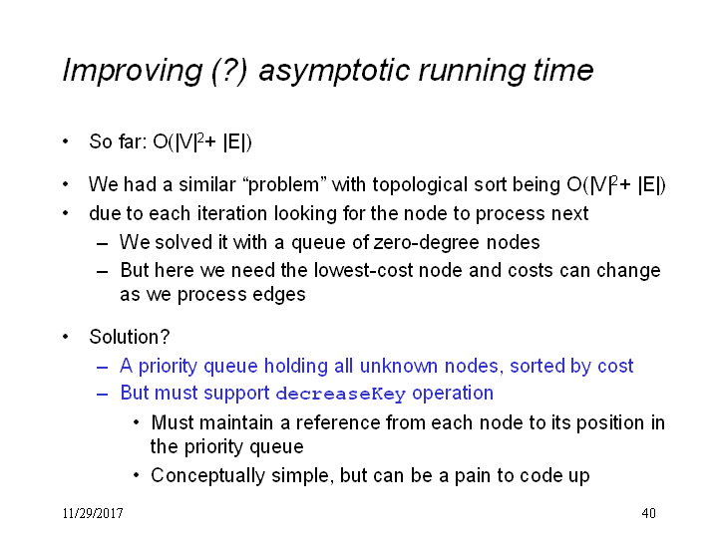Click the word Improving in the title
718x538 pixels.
(x=133, y=71)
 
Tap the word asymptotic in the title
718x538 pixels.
(x=334, y=72)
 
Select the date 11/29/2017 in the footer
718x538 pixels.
(x=93, y=513)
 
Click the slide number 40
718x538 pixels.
(x=648, y=513)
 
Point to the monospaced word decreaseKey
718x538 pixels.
(x=341, y=394)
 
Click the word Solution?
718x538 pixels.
(x=129, y=337)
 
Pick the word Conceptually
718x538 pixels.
(x=207, y=476)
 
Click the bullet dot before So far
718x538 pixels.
(x=66, y=141)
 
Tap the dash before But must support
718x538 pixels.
(x=102, y=394)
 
